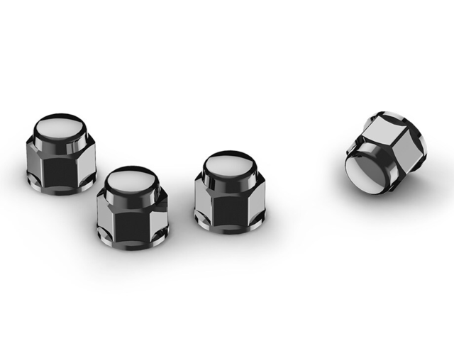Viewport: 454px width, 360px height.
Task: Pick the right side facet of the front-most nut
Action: pos(161,216)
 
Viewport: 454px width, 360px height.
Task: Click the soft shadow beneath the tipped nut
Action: pos(397,190)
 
